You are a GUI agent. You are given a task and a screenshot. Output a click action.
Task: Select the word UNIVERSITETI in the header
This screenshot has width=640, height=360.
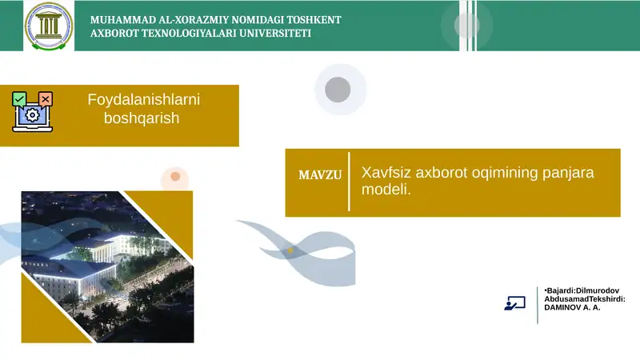[x=271, y=34]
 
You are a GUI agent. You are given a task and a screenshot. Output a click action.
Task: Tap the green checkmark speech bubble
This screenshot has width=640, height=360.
[x=20, y=98]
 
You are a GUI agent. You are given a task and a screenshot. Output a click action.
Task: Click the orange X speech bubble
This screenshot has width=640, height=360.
[x=46, y=98]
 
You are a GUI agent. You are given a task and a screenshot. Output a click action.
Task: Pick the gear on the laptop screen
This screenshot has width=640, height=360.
[x=32, y=115]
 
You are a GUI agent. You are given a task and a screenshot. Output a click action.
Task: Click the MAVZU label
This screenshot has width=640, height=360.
[x=320, y=174]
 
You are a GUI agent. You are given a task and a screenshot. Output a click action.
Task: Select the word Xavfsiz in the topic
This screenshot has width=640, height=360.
[x=386, y=173]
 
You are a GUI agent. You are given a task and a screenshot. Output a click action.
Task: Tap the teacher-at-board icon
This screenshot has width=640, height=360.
[x=514, y=303]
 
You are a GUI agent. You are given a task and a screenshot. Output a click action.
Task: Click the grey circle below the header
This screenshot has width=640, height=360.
[x=338, y=89]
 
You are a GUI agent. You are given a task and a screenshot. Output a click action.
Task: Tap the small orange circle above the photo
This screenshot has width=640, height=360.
[x=174, y=177]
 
